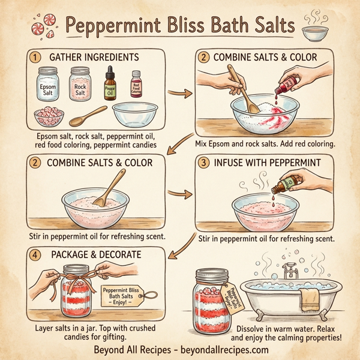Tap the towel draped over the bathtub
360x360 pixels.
coord(310,298)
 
